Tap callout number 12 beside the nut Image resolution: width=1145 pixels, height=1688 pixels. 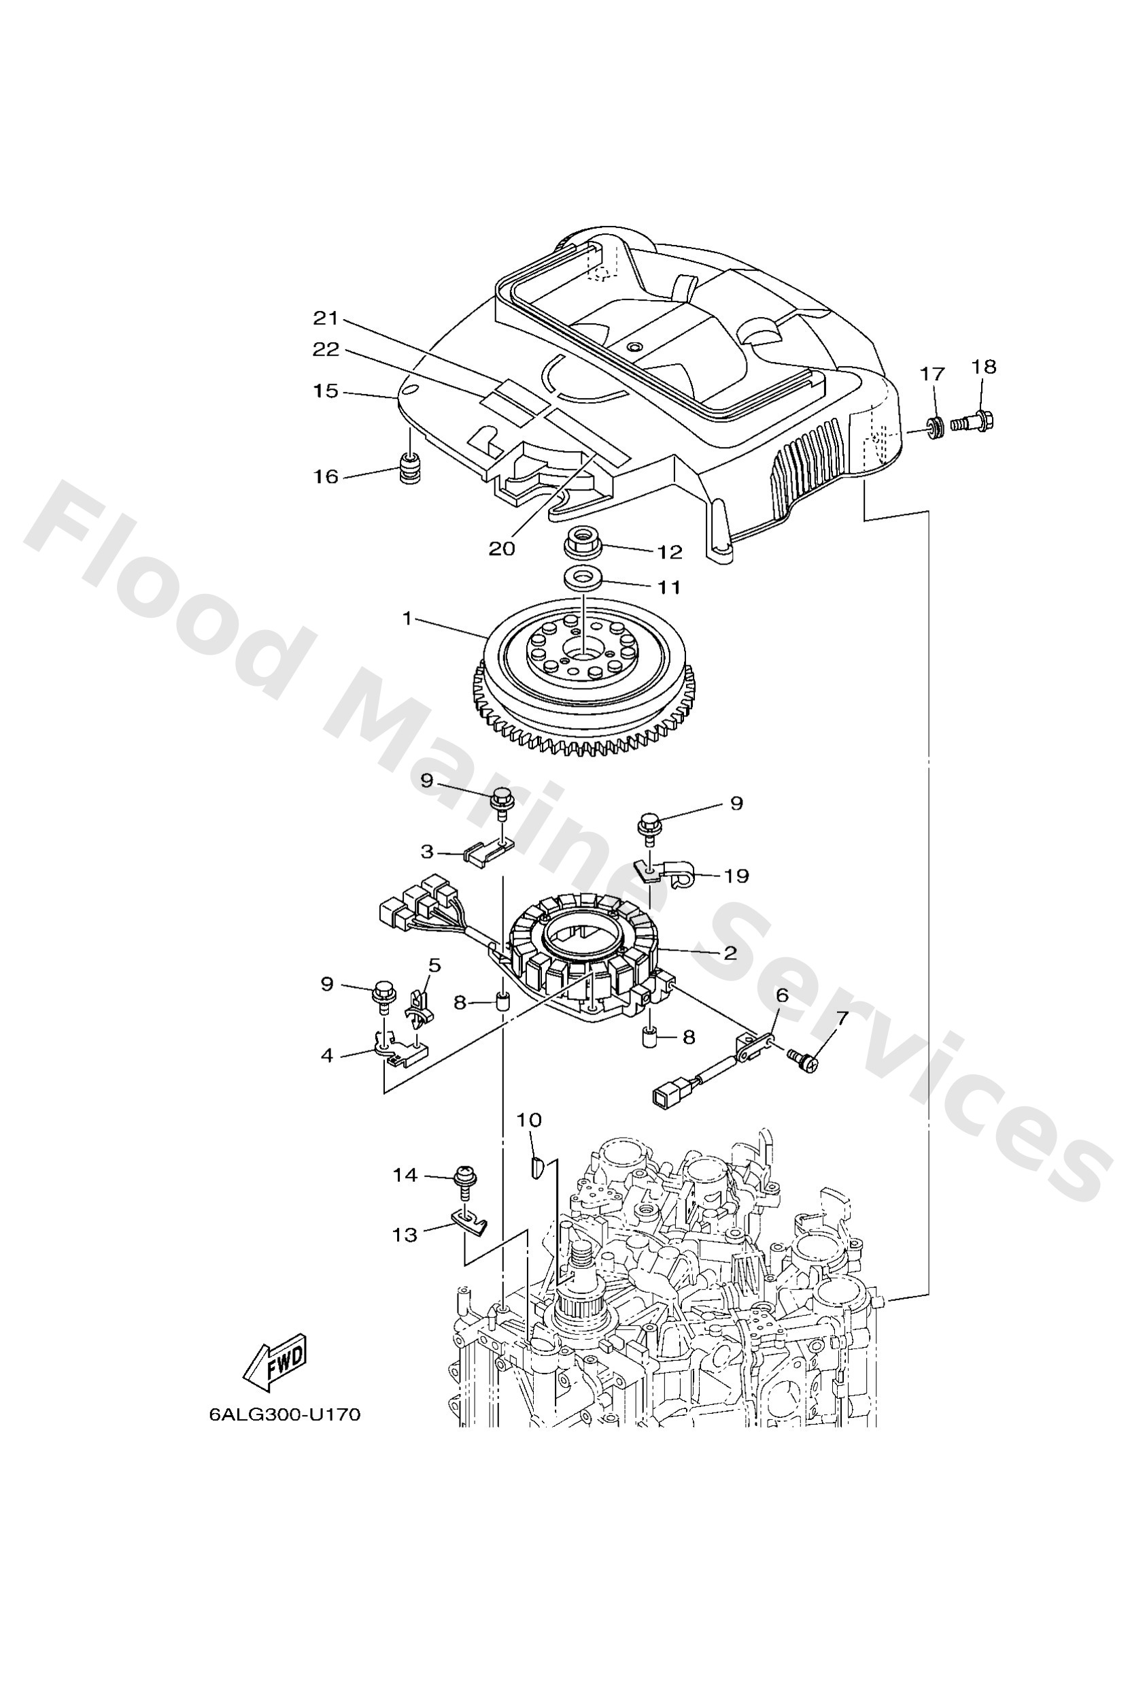click(x=670, y=552)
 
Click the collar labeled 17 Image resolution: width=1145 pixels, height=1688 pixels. click(x=936, y=426)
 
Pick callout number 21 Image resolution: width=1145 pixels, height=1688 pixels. click(x=326, y=318)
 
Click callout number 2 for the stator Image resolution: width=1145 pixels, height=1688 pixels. click(x=730, y=953)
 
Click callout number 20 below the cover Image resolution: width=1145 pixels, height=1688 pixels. click(x=501, y=548)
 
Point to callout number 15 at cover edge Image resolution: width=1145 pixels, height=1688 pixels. click(x=326, y=391)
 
